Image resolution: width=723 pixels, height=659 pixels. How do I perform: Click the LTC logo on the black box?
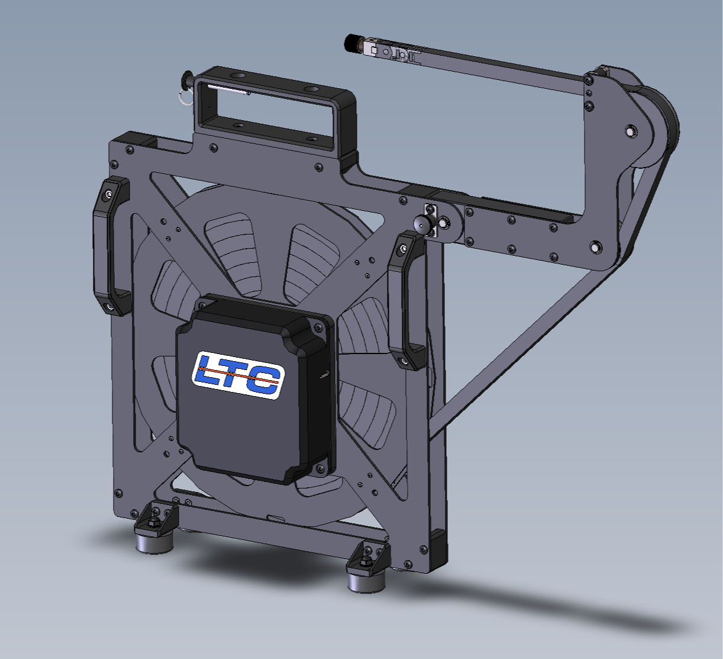(238, 375)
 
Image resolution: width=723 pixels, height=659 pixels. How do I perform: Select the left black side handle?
(111, 246)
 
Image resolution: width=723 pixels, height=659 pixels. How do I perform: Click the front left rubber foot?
(154, 542)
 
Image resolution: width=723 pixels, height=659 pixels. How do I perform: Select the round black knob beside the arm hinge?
(423, 225)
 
